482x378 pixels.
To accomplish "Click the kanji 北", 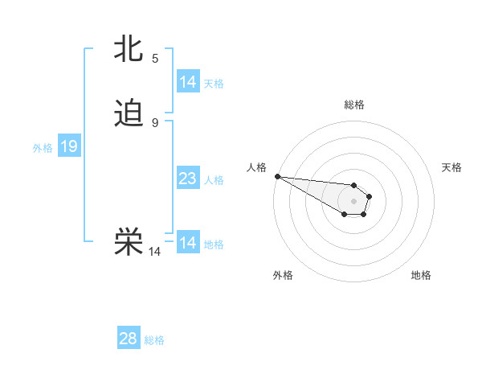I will pos(129,49).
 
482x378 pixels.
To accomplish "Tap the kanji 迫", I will pos(129,113).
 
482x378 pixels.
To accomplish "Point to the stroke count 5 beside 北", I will pos(155,58).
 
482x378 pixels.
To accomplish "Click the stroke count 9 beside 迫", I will pos(155,122).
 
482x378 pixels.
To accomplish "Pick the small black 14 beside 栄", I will pos(154,252).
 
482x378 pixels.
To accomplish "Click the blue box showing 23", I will pos(187,179).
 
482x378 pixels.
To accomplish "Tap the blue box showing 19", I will pos(69,146).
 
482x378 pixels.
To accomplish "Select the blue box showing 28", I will pos(129,339).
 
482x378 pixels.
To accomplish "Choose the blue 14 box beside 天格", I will pos(187,82).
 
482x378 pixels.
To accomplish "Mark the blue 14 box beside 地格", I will pos(187,243).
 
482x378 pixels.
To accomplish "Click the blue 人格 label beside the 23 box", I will pos(214,179).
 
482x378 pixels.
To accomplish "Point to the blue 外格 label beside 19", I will pos(43,147).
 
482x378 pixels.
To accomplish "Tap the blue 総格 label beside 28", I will pos(154,339).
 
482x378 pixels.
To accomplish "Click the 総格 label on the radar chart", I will pos(354,105).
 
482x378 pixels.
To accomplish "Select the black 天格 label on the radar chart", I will pos(451,167).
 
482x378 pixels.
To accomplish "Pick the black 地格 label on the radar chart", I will pos(421,275).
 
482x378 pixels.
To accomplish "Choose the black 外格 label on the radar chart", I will pos(283,275).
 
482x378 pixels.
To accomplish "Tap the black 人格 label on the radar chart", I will pos(255,167).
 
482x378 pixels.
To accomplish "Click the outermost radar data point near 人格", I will pos(276,176).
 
